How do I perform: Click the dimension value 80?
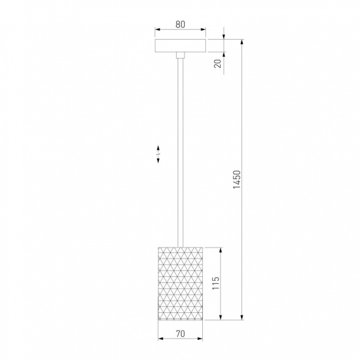click(180, 25)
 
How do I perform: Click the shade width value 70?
click(180, 334)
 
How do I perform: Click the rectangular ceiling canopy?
click(180, 46)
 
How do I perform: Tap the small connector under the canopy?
click(180, 56)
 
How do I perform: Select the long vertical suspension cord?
click(180, 153)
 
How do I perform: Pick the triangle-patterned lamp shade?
click(180, 283)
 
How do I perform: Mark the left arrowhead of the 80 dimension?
click(156, 30)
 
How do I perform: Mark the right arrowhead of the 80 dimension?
click(204, 30)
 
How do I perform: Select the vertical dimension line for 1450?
click(244, 122)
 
